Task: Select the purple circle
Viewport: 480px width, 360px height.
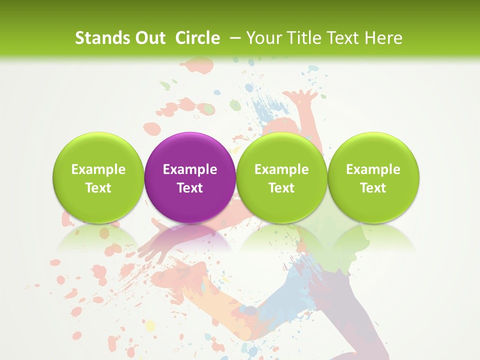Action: [190, 177]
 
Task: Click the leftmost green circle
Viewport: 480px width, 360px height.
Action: [98, 177]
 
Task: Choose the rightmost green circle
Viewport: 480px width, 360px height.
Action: [373, 177]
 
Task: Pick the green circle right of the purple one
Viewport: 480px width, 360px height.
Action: [281, 177]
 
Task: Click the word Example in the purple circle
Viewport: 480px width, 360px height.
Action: [190, 169]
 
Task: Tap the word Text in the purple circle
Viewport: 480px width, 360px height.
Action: [190, 188]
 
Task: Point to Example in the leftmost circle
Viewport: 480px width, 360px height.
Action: [98, 169]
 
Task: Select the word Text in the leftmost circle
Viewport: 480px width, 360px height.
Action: [98, 188]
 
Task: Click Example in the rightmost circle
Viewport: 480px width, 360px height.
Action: [373, 169]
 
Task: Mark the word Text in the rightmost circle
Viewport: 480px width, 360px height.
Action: [373, 188]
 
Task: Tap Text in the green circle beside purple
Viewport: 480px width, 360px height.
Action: [281, 188]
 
